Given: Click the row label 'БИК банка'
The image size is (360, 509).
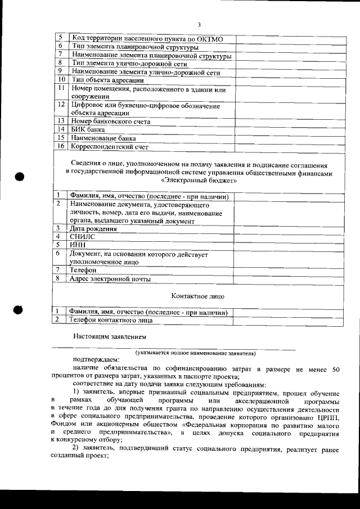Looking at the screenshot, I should point(89,129).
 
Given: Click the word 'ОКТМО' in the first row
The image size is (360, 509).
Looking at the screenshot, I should point(210,39).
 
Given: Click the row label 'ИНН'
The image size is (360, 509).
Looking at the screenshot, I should point(77,245).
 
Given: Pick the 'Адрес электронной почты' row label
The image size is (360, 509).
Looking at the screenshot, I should point(109,278).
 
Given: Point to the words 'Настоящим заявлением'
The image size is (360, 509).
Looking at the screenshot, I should point(109,337).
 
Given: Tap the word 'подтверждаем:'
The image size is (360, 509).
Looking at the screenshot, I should point(92,360).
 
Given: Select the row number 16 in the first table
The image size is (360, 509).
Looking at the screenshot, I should point(61,146).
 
